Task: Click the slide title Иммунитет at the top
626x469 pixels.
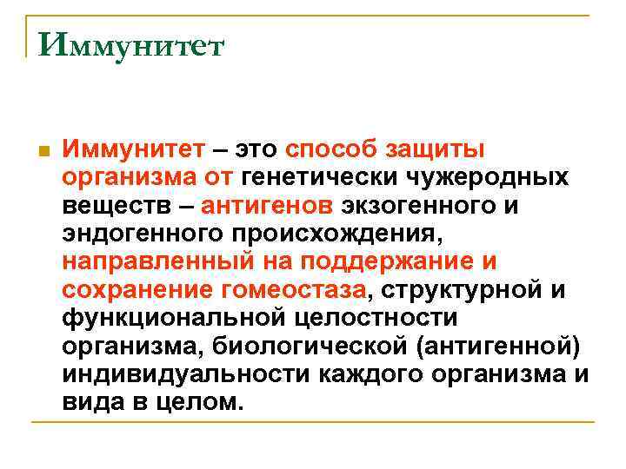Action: (x=130, y=44)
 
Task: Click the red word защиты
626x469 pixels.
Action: (x=440, y=149)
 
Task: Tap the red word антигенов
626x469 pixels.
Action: (x=267, y=207)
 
